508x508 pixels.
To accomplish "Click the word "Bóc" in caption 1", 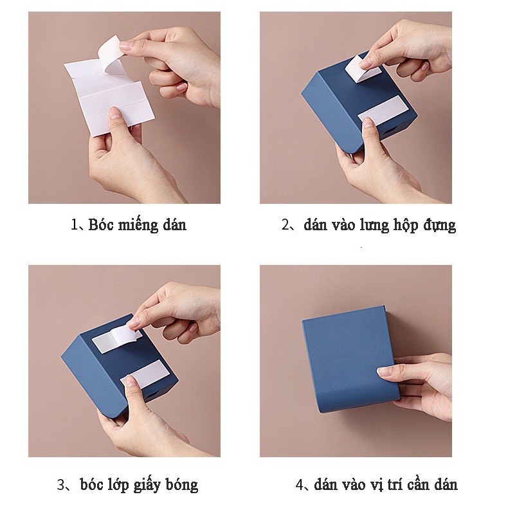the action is (x=100, y=224).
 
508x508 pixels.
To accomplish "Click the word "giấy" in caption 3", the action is (x=147, y=485).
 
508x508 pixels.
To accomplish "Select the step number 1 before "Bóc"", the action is (x=74, y=225).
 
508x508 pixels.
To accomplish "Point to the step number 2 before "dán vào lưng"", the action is (x=286, y=225).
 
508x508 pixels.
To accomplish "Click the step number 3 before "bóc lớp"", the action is (x=61, y=485).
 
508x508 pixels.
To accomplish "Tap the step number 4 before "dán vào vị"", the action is (x=300, y=485).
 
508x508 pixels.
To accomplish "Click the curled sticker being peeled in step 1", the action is (x=110, y=53).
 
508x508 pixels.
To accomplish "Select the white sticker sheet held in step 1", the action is (x=109, y=97).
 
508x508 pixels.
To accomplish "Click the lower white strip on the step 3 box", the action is (x=145, y=374).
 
